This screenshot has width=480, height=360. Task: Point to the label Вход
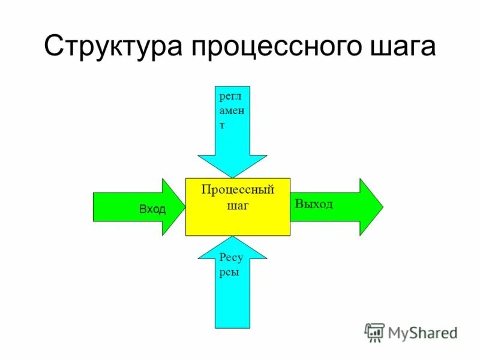point(152,209)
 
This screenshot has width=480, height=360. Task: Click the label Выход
point(314,204)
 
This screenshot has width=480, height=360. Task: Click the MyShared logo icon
point(374,332)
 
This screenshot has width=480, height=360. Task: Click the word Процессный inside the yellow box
point(238,190)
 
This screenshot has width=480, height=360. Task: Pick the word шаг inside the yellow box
point(238,205)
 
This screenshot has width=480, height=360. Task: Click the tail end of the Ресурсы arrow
point(232,326)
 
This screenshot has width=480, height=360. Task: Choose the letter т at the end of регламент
point(222,125)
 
